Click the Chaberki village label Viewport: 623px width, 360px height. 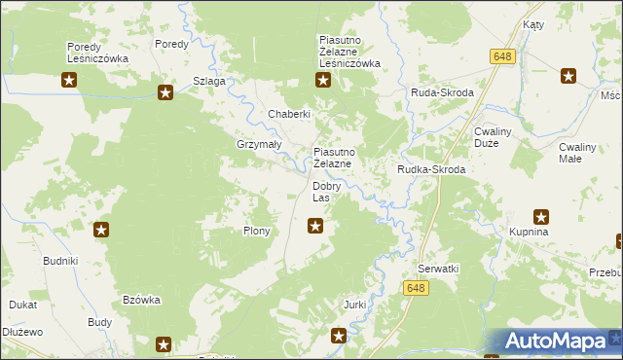click(x=289, y=114)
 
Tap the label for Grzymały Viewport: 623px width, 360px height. click(x=259, y=144)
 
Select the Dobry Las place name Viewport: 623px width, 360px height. click(x=326, y=192)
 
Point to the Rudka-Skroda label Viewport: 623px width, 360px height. click(x=431, y=169)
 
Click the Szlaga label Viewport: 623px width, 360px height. click(x=209, y=81)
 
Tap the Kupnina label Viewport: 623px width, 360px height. click(x=530, y=233)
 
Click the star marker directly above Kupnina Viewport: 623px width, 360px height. click(x=542, y=217)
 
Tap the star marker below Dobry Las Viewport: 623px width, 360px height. click(x=315, y=227)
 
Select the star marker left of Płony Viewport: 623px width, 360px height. click(x=101, y=231)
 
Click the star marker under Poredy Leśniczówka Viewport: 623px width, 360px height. click(x=69, y=81)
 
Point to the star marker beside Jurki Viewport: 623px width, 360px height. click(x=339, y=337)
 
